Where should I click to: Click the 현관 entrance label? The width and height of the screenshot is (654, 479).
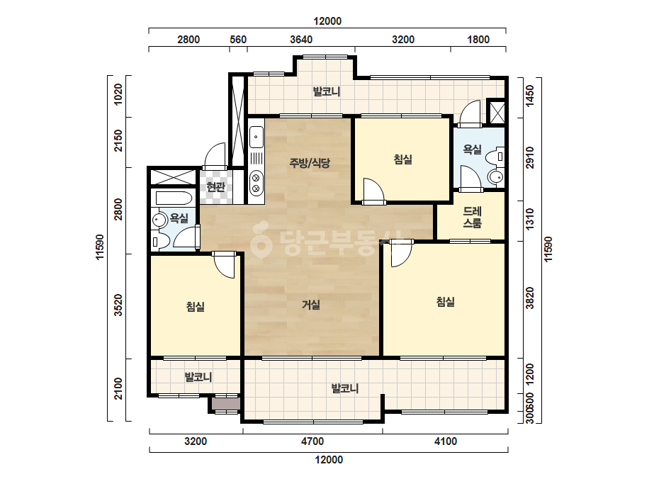(x=216, y=187)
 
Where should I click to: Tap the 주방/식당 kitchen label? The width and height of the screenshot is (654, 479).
(x=310, y=163)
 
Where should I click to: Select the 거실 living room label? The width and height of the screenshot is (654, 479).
(x=311, y=305)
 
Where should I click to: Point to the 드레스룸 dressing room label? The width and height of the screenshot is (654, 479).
(x=472, y=217)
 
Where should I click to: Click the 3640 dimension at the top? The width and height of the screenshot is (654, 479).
(x=301, y=40)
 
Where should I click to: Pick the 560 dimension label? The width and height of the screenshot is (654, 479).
(x=238, y=40)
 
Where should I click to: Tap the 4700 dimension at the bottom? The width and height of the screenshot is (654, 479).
(x=312, y=441)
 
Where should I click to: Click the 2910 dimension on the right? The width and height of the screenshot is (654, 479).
(x=530, y=157)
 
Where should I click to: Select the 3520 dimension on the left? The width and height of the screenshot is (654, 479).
(x=119, y=305)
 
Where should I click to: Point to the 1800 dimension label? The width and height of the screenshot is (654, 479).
(x=478, y=40)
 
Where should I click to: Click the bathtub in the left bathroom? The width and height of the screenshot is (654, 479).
(x=174, y=197)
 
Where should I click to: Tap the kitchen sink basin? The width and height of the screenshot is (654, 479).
(x=256, y=137)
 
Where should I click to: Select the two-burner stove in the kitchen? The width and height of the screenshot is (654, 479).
(x=256, y=184)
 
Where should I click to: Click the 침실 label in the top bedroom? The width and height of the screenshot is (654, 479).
(x=403, y=159)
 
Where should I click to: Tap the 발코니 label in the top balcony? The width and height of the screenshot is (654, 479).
(x=327, y=91)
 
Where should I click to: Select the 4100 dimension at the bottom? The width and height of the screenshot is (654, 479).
(x=446, y=441)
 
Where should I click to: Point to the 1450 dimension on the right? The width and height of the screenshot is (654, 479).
(x=530, y=96)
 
